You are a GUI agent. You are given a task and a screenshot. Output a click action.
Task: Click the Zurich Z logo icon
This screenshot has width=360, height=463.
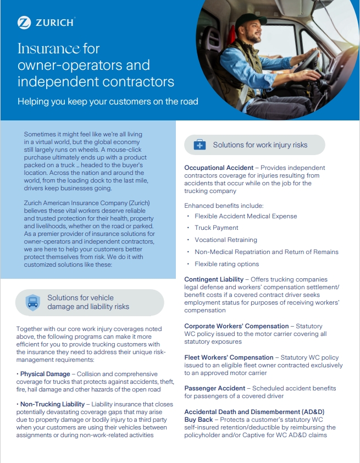click(24, 23)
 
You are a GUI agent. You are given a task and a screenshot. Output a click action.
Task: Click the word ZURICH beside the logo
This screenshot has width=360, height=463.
click(54, 23)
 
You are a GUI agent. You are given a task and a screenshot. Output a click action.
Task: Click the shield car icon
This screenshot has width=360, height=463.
click(33, 302)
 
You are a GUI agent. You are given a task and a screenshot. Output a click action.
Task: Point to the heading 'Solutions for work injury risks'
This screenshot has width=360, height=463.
click(260, 145)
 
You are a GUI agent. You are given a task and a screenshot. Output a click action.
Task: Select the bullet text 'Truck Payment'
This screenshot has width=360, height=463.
click(217, 228)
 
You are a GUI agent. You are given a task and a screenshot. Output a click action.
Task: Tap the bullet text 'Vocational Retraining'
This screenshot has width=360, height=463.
click(225, 240)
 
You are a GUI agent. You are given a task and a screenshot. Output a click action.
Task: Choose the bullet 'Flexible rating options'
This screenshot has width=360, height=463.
click(226, 264)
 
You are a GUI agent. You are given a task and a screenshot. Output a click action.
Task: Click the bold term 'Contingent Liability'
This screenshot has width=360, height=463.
click(214, 280)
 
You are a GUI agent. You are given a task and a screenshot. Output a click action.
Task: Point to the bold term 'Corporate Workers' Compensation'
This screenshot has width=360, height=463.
click(236, 326)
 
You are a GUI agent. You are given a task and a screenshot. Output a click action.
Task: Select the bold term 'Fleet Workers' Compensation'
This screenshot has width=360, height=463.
click(229, 357)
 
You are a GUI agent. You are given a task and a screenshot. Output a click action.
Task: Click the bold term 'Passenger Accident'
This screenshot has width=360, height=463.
click(214, 388)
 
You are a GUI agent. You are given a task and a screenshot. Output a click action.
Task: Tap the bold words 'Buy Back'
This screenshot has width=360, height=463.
click(199, 420)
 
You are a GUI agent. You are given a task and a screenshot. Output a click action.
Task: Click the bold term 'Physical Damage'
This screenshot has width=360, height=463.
click(46, 374)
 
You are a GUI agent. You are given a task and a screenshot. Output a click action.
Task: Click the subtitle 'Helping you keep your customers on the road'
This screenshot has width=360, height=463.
click(108, 101)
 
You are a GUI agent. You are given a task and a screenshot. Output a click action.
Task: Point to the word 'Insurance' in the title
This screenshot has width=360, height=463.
click(48, 48)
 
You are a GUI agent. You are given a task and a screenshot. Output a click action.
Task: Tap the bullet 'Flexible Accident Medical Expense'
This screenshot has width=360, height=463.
click(246, 216)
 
